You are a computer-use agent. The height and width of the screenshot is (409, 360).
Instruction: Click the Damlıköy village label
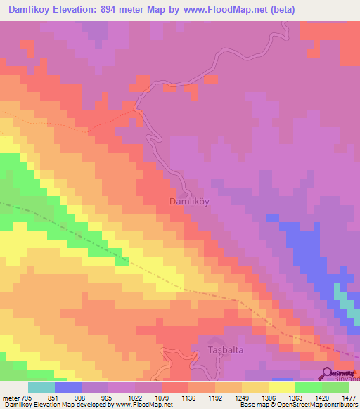coord(190,201)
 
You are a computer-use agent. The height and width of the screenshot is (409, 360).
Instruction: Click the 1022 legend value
coord(148,396)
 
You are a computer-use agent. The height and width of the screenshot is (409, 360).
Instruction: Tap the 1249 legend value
coord(255,396)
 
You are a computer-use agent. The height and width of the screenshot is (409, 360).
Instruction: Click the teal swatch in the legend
coord(41,387)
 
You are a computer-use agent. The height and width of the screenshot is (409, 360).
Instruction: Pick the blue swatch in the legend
coord(68,387)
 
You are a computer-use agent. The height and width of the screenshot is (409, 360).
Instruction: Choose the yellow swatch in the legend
coord(282,387)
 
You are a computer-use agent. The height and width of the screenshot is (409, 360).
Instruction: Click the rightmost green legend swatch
coord(335,387)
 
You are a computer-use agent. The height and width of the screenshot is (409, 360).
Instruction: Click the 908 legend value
coord(95,396)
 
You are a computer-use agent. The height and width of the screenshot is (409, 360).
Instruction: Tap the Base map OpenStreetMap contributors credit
coord(297,405)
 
